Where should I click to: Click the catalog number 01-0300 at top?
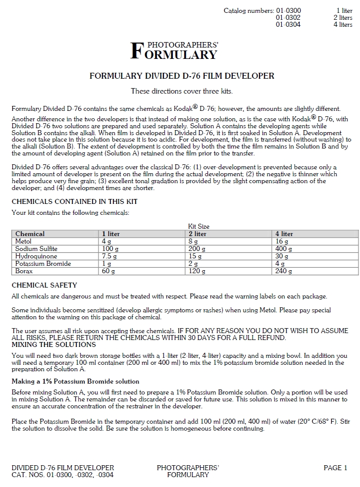(x=288, y=10)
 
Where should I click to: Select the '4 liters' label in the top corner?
(x=343, y=24)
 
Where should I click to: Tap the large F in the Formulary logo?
(x=136, y=51)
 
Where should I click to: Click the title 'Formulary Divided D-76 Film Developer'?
(x=182, y=76)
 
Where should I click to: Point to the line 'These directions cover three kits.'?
(x=182, y=91)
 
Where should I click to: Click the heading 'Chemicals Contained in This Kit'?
(x=75, y=201)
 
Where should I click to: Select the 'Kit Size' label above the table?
(x=199, y=226)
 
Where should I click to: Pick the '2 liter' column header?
(x=198, y=234)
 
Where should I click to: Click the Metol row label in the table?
(x=23, y=241)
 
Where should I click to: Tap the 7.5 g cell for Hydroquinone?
(x=109, y=256)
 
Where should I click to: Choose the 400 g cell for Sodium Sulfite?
(x=284, y=249)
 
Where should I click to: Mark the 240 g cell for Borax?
(x=284, y=271)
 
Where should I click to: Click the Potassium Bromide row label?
(x=43, y=264)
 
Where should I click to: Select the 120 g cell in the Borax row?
(x=197, y=271)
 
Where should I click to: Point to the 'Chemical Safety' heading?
(x=45, y=286)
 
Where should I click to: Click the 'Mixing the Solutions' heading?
(x=53, y=344)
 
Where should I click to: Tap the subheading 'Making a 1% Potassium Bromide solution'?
(x=75, y=382)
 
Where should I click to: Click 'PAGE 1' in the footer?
(x=335, y=468)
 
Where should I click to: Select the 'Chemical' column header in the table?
(x=30, y=234)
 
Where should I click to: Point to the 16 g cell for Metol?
(x=282, y=241)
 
